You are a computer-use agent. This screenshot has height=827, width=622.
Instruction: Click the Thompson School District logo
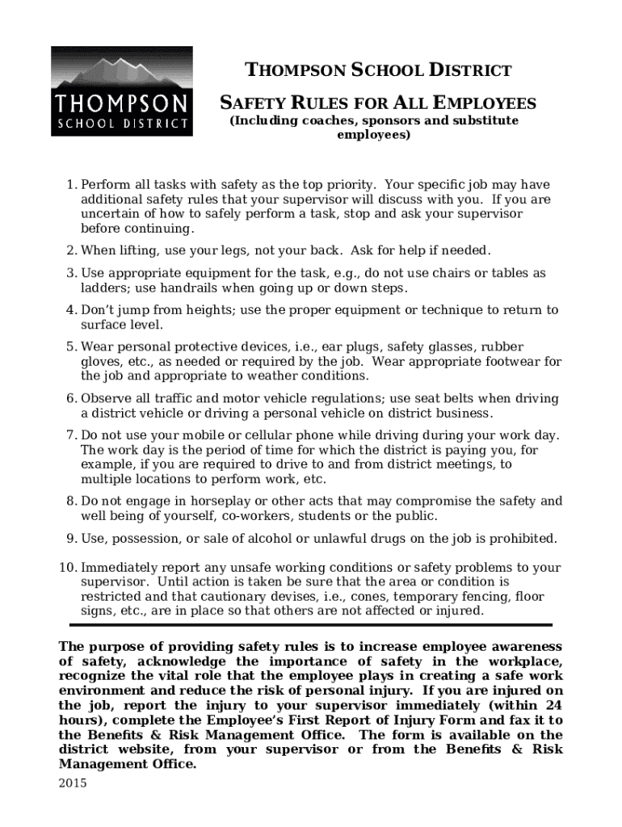point(122,91)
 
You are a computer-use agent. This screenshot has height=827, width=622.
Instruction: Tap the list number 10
point(68,567)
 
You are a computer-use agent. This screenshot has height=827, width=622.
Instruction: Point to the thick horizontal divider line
point(311,624)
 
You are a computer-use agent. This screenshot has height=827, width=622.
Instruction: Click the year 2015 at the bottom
point(74,783)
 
